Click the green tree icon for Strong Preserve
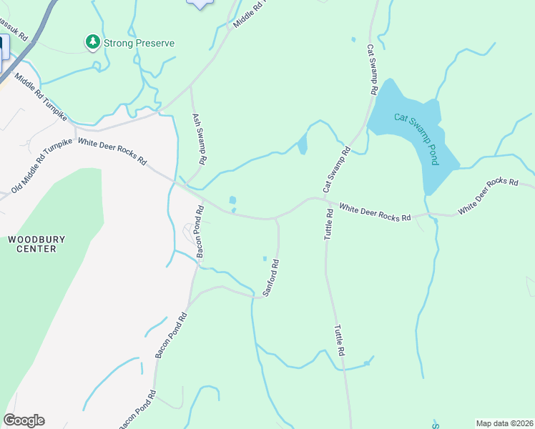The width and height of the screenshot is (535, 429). [x=92, y=43]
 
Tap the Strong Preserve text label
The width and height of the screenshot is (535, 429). [x=139, y=43]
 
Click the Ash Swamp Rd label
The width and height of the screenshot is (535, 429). [x=199, y=139]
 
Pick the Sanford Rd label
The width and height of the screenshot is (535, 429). [x=270, y=278]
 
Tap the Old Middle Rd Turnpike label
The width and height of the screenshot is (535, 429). [x=42, y=167]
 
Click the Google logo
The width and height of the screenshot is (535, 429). [x=24, y=420]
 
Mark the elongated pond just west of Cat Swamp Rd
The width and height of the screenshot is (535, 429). [x=302, y=144]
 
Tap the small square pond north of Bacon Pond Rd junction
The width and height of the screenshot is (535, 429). [x=232, y=200]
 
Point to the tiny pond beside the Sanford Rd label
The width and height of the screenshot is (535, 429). [x=265, y=258]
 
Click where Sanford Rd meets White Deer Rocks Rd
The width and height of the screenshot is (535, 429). [x=276, y=219]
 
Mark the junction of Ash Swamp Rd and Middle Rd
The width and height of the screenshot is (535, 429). [x=190, y=87]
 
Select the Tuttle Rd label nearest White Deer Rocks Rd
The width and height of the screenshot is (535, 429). [x=330, y=224]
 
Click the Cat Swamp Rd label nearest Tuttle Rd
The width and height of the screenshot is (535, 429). [x=336, y=169]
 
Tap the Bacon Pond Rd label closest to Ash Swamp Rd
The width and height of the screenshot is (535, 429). [x=200, y=231]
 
